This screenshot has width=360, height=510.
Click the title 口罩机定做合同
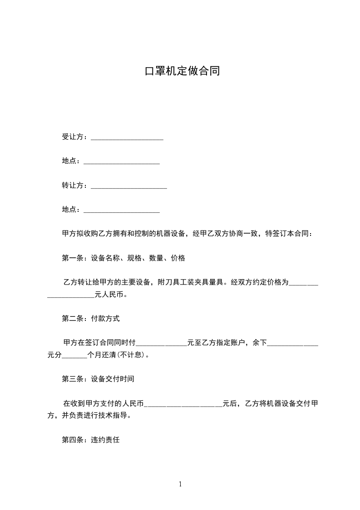[182, 71]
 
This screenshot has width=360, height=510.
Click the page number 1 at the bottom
[180, 484]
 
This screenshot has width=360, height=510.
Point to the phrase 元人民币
[109, 295]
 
